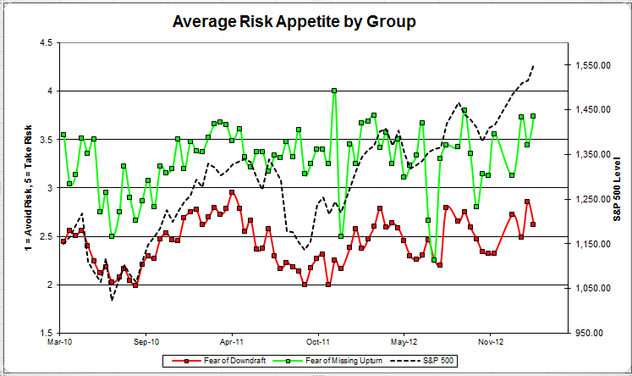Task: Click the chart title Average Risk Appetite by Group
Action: tap(294, 21)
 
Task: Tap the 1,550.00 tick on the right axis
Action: tap(592, 65)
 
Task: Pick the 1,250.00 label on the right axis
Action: tap(592, 199)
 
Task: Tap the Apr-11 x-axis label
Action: tap(232, 345)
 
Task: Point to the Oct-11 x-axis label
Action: tap(318, 345)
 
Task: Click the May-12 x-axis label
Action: tap(404, 345)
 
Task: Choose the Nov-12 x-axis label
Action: tap(491, 345)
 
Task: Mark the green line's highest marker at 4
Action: tap(334, 90)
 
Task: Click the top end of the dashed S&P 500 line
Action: tap(534, 64)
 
